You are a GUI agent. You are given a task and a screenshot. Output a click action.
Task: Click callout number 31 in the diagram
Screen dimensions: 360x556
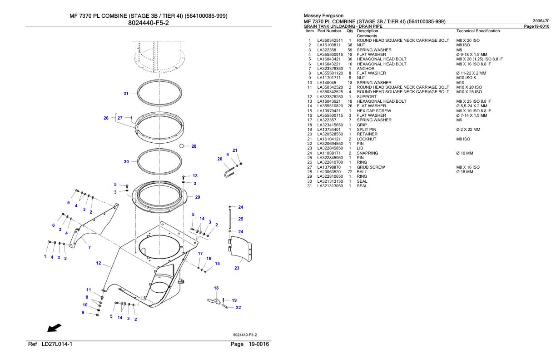click(x=126, y=94)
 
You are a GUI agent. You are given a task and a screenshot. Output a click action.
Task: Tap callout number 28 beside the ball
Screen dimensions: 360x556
click(x=194, y=146)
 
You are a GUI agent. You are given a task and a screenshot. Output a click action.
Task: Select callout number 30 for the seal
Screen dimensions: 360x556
click(x=126, y=161)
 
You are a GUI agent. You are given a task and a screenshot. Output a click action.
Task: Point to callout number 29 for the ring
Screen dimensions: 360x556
click(x=198, y=197)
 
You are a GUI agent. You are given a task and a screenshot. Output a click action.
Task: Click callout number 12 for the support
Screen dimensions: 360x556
click(x=99, y=263)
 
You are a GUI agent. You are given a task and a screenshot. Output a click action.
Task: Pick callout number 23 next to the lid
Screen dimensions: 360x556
click(x=237, y=268)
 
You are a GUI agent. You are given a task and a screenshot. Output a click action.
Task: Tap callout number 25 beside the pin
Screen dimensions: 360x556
click(x=241, y=219)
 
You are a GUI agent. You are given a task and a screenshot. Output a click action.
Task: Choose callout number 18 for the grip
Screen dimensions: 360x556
click(x=216, y=288)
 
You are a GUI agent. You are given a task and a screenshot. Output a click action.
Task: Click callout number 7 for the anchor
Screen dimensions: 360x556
click(x=89, y=247)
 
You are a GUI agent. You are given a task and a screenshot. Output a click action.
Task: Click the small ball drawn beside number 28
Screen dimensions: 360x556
click(x=182, y=146)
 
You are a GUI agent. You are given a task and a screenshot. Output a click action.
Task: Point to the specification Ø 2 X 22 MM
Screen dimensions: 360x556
click(x=467, y=129)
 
